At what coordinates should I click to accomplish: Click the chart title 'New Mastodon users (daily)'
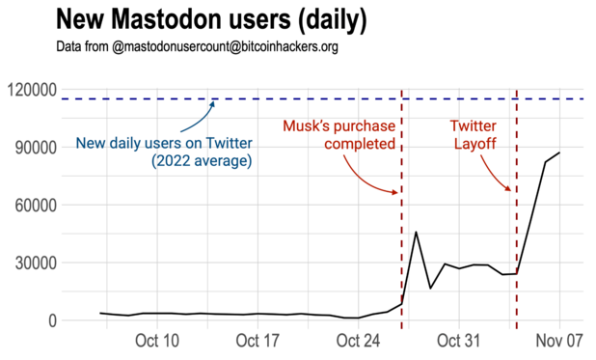pyautogui.click(x=210, y=19)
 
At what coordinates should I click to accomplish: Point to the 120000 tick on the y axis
pyautogui.click(x=32, y=90)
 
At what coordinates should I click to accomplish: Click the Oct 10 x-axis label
pyautogui.click(x=157, y=342)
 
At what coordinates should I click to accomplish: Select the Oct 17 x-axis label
pyautogui.click(x=257, y=342)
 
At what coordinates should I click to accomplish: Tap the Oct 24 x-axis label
pyautogui.click(x=358, y=342)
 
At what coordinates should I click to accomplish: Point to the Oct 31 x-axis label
pyautogui.click(x=458, y=342)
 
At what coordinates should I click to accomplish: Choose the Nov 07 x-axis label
pyautogui.click(x=559, y=342)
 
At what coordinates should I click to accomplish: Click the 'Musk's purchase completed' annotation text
pyautogui.click(x=339, y=135)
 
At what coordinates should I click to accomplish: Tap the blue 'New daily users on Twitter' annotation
pyautogui.click(x=164, y=152)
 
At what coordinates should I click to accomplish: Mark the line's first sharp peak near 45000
pyautogui.click(x=416, y=232)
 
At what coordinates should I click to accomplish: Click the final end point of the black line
pyautogui.click(x=559, y=152)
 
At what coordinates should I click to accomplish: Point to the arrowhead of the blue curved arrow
pyautogui.click(x=214, y=100)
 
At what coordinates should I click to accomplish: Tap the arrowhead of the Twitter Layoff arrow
pyautogui.click(x=511, y=192)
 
